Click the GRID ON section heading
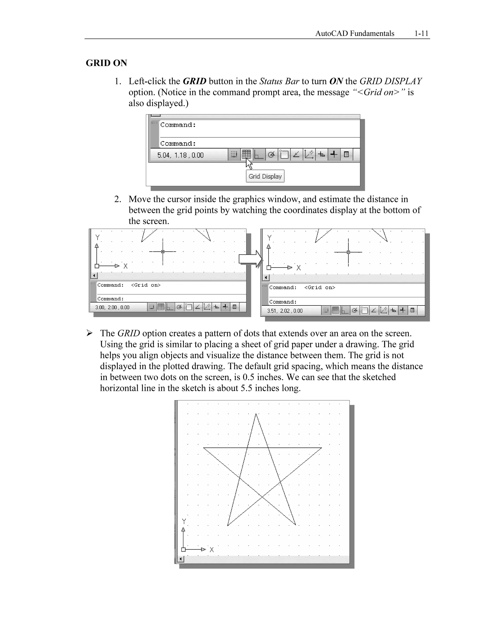[x=106, y=63]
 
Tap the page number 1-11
[x=421, y=33]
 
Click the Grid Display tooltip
[x=265, y=176]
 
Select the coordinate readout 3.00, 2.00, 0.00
[x=112, y=307]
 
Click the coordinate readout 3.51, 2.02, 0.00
[x=285, y=311]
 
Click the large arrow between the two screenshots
[x=250, y=259]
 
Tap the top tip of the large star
[x=256, y=414]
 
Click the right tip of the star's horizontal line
[x=321, y=448]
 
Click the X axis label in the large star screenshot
[x=212, y=549]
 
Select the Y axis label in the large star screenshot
[x=184, y=521]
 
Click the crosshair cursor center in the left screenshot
[x=163, y=252]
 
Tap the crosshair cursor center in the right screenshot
[x=348, y=252]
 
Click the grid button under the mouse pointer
[x=246, y=155]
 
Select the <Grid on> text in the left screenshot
[x=146, y=285]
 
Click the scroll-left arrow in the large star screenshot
[x=181, y=559]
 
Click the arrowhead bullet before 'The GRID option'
[x=89, y=333]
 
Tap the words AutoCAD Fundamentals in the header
[x=355, y=33]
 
